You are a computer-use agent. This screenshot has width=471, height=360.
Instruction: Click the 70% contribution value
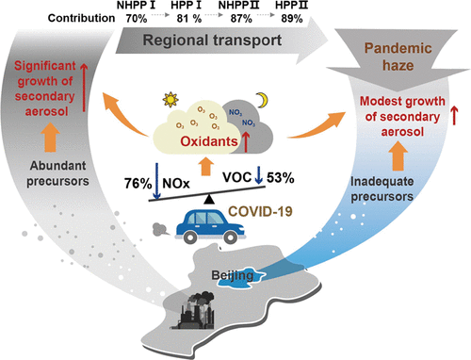pyautogui.click(x=137, y=19)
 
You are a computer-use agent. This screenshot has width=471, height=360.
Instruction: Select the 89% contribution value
pyautogui.click(x=292, y=19)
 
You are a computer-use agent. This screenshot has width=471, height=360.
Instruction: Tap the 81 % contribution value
pyautogui.click(x=188, y=19)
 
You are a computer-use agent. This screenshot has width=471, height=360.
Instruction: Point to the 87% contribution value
pyautogui.click(x=241, y=19)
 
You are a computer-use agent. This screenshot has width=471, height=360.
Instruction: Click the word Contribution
pyautogui.click(x=81, y=18)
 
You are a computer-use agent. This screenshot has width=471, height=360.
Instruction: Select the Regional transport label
pyautogui.click(x=212, y=41)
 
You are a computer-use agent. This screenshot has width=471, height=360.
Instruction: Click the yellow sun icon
pyautogui.click(x=171, y=100)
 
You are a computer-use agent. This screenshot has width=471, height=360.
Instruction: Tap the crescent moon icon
pyautogui.click(x=263, y=100)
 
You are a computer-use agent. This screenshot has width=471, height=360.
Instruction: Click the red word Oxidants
pyautogui.click(x=209, y=141)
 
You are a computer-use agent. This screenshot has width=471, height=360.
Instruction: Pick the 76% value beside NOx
pyautogui.click(x=138, y=184)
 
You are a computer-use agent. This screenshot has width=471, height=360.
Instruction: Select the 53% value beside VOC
pyautogui.click(x=281, y=178)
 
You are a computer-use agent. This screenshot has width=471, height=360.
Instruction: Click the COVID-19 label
pyautogui.click(x=260, y=211)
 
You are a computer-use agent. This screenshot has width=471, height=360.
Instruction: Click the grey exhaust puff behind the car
pyautogui.click(x=160, y=230)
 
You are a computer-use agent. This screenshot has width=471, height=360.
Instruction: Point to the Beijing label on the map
pyautogui.click(x=233, y=275)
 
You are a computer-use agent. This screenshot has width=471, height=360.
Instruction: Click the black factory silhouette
pyautogui.click(x=196, y=311)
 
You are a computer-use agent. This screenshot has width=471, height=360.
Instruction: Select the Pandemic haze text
pyautogui.click(x=398, y=57)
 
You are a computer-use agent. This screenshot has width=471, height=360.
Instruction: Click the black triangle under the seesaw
pyautogui.click(x=209, y=200)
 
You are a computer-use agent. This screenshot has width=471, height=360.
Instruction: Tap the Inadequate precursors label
pyautogui.click(x=382, y=189)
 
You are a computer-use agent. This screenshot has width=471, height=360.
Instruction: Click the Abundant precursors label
pyautogui.click(x=57, y=173)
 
